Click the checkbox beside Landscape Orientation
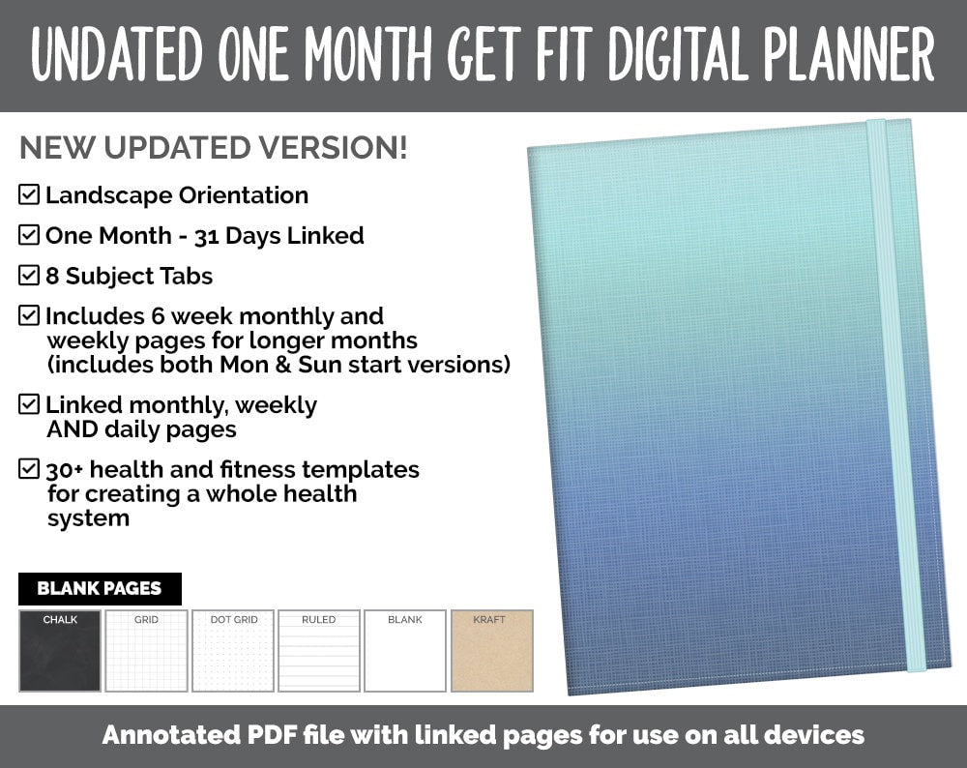pyautogui.click(x=29, y=195)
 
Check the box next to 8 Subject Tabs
pyautogui.click(x=29, y=276)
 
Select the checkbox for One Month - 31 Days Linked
pyautogui.click(x=29, y=235)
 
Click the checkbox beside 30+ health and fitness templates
pyautogui.click(x=29, y=470)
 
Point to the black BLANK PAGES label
pyautogui.click(x=100, y=588)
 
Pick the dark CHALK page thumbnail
pyautogui.click(x=60, y=651)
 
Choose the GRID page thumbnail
pyautogui.click(x=146, y=651)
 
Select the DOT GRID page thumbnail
pyautogui.click(x=233, y=651)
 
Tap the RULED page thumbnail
pyautogui.click(x=319, y=651)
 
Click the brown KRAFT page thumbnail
pyautogui.click(x=491, y=651)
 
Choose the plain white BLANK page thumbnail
pyautogui.click(x=405, y=651)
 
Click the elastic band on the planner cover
pyautogui.click(x=895, y=387)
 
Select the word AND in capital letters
pyautogui.click(x=70, y=429)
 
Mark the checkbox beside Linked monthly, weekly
pyautogui.click(x=29, y=404)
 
